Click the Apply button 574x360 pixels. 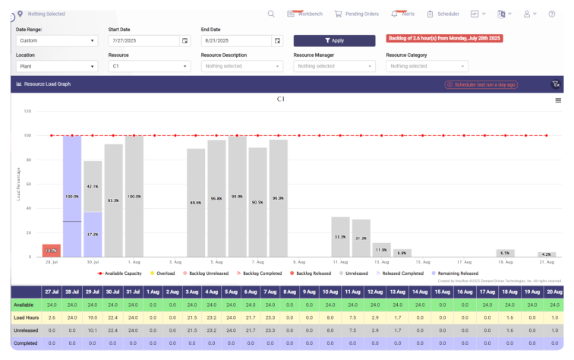click(x=334, y=40)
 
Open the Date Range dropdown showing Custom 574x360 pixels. click(x=56, y=40)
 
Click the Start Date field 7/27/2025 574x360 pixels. click(x=143, y=40)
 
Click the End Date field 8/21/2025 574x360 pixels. click(x=236, y=40)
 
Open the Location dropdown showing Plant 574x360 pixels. click(x=56, y=66)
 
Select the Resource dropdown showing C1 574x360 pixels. click(x=149, y=66)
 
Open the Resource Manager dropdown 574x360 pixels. click(x=334, y=66)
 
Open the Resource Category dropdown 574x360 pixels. click(x=427, y=66)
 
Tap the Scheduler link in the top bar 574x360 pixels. click(x=443, y=14)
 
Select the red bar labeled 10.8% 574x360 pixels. click(x=51, y=251)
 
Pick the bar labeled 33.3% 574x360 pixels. click(x=341, y=237)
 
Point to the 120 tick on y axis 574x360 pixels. click(x=27, y=111)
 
